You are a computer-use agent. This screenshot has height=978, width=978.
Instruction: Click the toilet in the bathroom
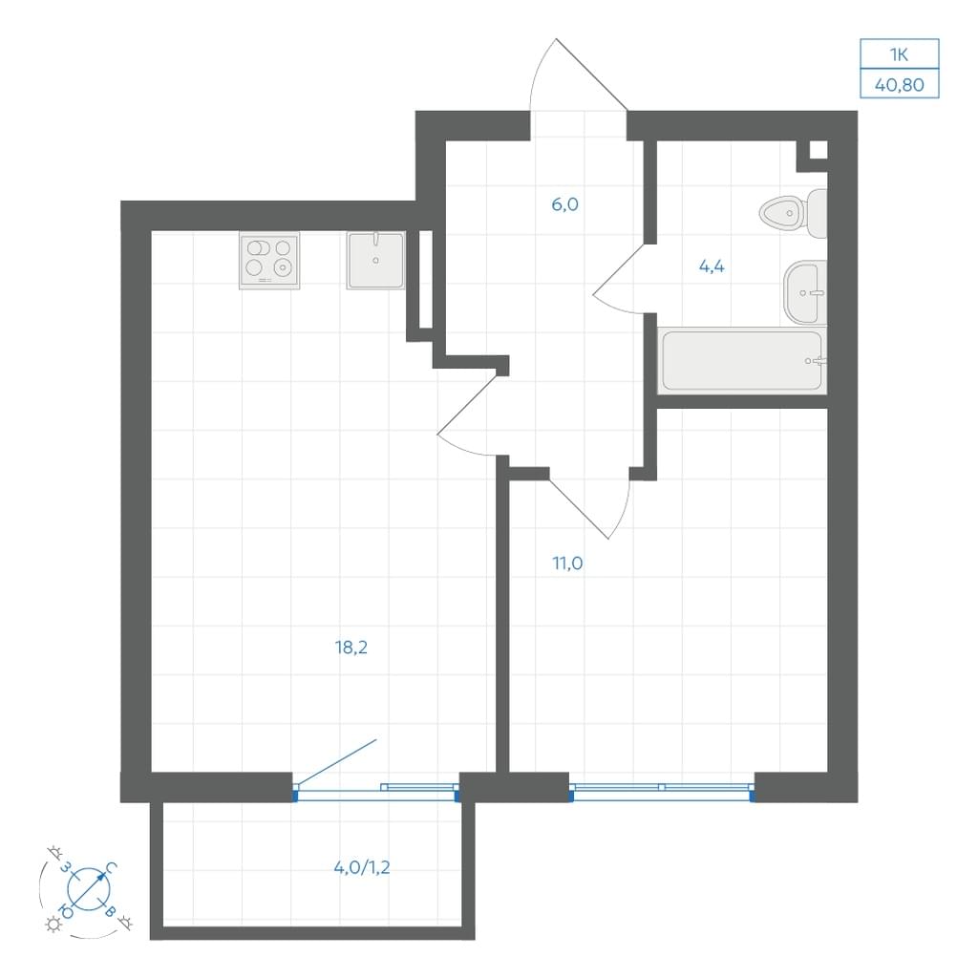pyautogui.click(x=793, y=213)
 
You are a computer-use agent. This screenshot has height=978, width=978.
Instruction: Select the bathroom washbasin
pyautogui.click(x=805, y=292)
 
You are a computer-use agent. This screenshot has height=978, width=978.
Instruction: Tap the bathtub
pyautogui.click(x=742, y=360)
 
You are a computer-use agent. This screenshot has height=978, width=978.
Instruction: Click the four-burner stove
pyautogui.click(x=269, y=261)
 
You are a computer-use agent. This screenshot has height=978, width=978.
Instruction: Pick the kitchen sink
pyautogui.click(x=376, y=260)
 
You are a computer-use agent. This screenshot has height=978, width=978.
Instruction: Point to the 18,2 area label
pyautogui.click(x=351, y=648)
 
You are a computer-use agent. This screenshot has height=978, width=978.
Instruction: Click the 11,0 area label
pyautogui.click(x=567, y=563)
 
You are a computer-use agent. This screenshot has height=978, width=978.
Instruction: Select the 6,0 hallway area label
pyautogui.click(x=565, y=204)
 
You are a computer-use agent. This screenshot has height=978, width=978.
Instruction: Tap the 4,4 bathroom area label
pyautogui.click(x=712, y=266)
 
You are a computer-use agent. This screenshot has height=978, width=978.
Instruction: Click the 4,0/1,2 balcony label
pyautogui.click(x=362, y=867)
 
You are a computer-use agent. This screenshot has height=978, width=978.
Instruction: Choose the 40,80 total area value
pyautogui.click(x=900, y=84)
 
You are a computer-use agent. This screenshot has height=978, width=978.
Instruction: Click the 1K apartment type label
pyautogui.click(x=899, y=54)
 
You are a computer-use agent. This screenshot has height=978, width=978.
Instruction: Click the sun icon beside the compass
pyautogui.click(x=53, y=925)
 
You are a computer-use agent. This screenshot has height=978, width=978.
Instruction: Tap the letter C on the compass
pyautogui.click(x=111, y=867)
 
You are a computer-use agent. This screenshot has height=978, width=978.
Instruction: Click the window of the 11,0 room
pyautogui.click(x=662, y=792)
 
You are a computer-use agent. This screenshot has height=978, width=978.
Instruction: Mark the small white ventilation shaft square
pyautogui.click(x=819, y=150)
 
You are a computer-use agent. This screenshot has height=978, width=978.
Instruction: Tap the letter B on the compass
pyautogui.click(x=110, y=911)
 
